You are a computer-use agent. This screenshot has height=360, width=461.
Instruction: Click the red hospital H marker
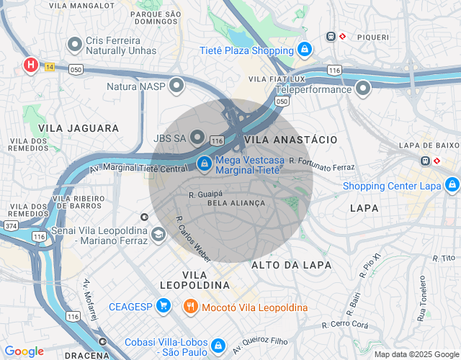[x=31, y=66]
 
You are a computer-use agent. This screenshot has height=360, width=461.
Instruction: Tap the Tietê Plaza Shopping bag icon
[x=305, y=50]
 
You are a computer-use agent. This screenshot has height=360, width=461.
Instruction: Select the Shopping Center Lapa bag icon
[x=452, y=185]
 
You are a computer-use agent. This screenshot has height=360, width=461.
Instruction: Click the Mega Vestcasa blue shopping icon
[x=205, y=163]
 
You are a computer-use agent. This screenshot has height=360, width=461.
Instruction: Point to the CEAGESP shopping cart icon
[x=164, y=307]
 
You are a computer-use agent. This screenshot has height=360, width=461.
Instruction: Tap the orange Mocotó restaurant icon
[x=191, y=307]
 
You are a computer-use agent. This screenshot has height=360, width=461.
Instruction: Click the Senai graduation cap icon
[x=158, y=234]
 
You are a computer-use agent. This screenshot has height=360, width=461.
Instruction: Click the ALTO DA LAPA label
[x=291, y=265]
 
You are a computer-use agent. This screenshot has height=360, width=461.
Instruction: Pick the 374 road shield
[x=11, y=226]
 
